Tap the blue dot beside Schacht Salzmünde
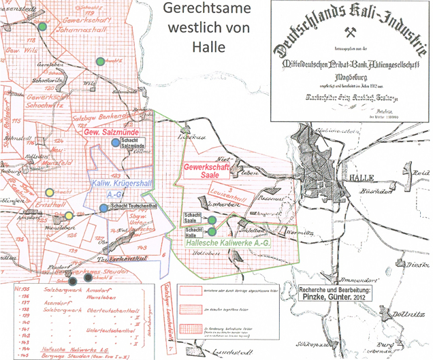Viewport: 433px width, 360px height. point(115,142)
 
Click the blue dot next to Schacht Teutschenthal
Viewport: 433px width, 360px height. point(103,208)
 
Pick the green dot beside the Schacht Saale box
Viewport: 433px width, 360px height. point(212,220)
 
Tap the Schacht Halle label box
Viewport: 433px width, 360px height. point(193,231)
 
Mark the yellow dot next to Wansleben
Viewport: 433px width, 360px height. point(68,216)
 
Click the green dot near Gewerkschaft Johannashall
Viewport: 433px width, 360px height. point(42,26)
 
